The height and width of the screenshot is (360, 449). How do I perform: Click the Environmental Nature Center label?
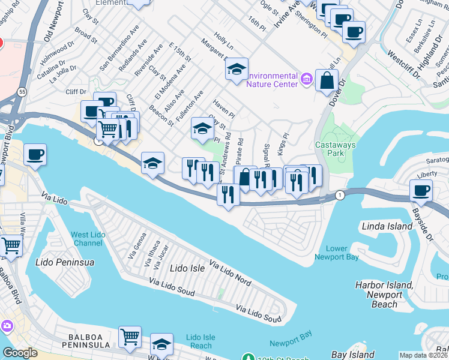click(273, 80)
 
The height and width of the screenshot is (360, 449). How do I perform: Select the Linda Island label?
click(387, 226)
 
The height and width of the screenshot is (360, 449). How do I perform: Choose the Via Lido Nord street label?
click(230, 272)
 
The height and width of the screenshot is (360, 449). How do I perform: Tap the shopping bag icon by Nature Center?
click(327, 81)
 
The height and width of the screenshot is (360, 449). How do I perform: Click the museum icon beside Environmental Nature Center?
click(307, 79)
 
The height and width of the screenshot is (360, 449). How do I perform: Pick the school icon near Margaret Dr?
click(237, 70)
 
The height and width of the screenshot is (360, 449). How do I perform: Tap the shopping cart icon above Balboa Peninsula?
click(130, 337)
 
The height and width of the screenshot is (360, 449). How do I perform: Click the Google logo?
click(20, 353)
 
